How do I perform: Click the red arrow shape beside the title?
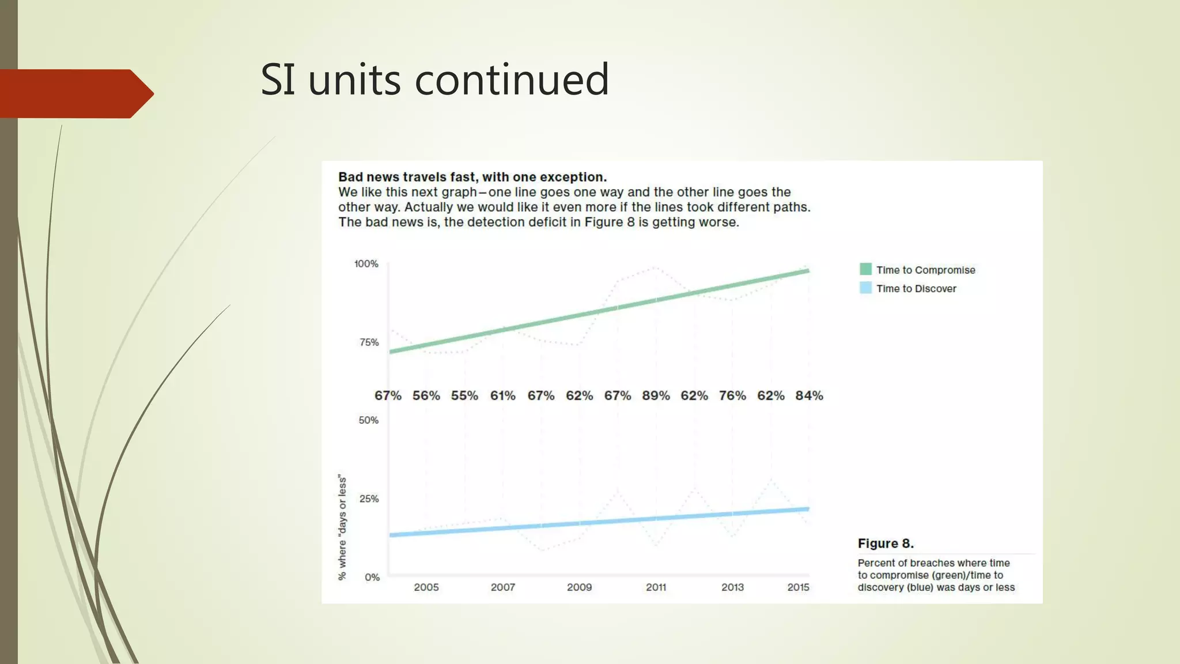75,93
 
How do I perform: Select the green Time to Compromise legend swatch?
865,269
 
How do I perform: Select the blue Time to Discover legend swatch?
865,288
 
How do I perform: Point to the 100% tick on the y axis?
366,264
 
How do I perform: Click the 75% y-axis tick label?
369,342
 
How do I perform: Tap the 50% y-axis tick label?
369,420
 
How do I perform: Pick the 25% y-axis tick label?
369,499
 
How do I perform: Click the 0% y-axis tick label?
372,577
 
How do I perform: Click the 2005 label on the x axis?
426,587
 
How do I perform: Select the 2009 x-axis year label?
579,587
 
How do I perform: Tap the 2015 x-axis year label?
798,587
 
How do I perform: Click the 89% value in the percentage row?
656,396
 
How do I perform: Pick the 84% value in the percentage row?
809,396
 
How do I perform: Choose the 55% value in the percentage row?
464,396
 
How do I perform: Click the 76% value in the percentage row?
732,396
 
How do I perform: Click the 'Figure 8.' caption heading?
886,544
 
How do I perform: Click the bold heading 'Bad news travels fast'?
472,177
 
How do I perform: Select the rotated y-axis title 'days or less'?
343,527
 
